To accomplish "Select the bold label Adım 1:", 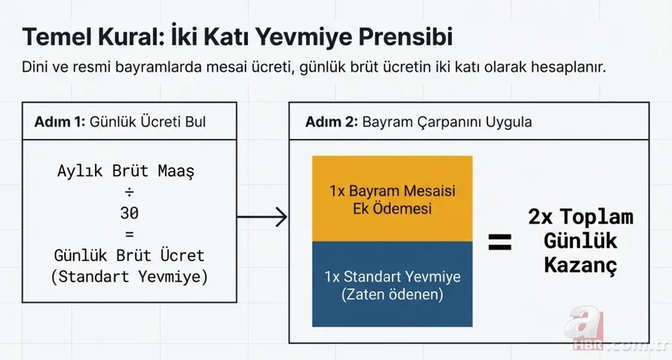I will pos(60,122).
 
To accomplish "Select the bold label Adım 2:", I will pos(332,122).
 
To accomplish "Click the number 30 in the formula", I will pos(129,213).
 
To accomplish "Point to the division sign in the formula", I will pos(129,192).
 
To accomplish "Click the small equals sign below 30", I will pos(129,234).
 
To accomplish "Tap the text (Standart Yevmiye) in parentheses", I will pos(129,276).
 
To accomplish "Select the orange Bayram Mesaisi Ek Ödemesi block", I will pos(392,199).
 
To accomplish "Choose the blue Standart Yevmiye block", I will pos(392,285).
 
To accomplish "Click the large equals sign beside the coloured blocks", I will pos(500,241).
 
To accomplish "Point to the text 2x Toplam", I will pos(580,218).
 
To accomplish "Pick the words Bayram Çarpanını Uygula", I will pos(447,122).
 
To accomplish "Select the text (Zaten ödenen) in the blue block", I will pos(392,294).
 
